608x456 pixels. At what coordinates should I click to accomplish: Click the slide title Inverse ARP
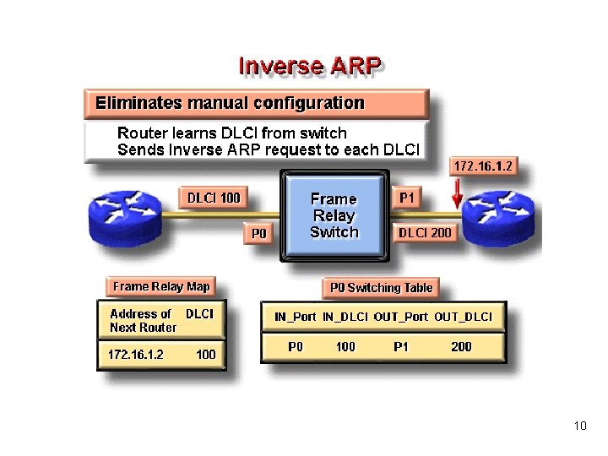(x=310, y=66)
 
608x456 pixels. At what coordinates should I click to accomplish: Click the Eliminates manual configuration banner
(x=230, y=104)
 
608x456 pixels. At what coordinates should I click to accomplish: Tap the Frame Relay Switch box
(x=334, y=215)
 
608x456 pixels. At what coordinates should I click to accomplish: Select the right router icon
(x=501, y=214)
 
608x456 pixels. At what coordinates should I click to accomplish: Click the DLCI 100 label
(x=214, y=198)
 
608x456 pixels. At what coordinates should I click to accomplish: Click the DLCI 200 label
(x=425, y=232)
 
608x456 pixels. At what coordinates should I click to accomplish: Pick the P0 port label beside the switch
(x=259, y=233)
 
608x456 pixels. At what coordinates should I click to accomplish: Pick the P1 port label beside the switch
(x=407, y=198)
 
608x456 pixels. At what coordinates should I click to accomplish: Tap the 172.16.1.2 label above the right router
(x=483, y=166)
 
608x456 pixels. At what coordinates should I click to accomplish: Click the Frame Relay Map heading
(x=161, y=286)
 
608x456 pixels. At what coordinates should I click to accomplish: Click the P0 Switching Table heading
(x=381, y=288)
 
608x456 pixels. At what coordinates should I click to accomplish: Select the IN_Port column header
(x=296, y=318)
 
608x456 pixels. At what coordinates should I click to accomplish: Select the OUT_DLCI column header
(x=463, y=318)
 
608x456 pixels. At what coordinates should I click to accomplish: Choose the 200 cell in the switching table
(x=461, y=346)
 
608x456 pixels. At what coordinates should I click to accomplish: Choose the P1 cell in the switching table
(x=400, y=346)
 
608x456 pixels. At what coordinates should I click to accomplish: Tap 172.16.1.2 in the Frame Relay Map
(x=135, y=355)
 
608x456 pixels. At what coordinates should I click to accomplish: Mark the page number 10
(x=579, y=426)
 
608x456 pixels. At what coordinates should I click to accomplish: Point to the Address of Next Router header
(x=143, y=320)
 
